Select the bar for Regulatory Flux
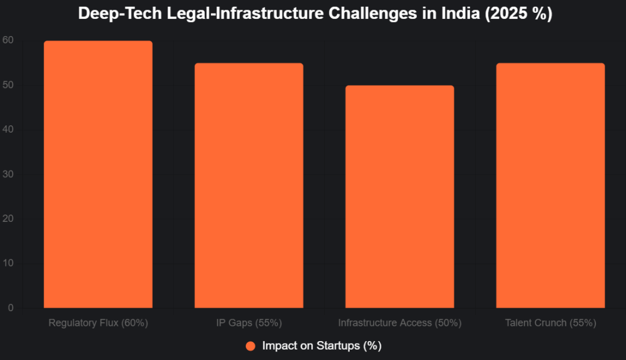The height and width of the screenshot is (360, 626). [x=98, y=174]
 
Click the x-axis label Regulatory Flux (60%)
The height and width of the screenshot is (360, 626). [x=98, y=322]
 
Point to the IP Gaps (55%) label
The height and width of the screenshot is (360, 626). [x=249, y=322]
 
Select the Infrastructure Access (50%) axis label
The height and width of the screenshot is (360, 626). [x=399, y=322]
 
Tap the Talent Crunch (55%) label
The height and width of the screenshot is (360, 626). [x=550, y=322]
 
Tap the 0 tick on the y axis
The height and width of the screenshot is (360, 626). [x=10, y=308]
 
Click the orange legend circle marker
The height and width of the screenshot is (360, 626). [x=250, y=346]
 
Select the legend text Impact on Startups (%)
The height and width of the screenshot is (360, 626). [x=322, y=346]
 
